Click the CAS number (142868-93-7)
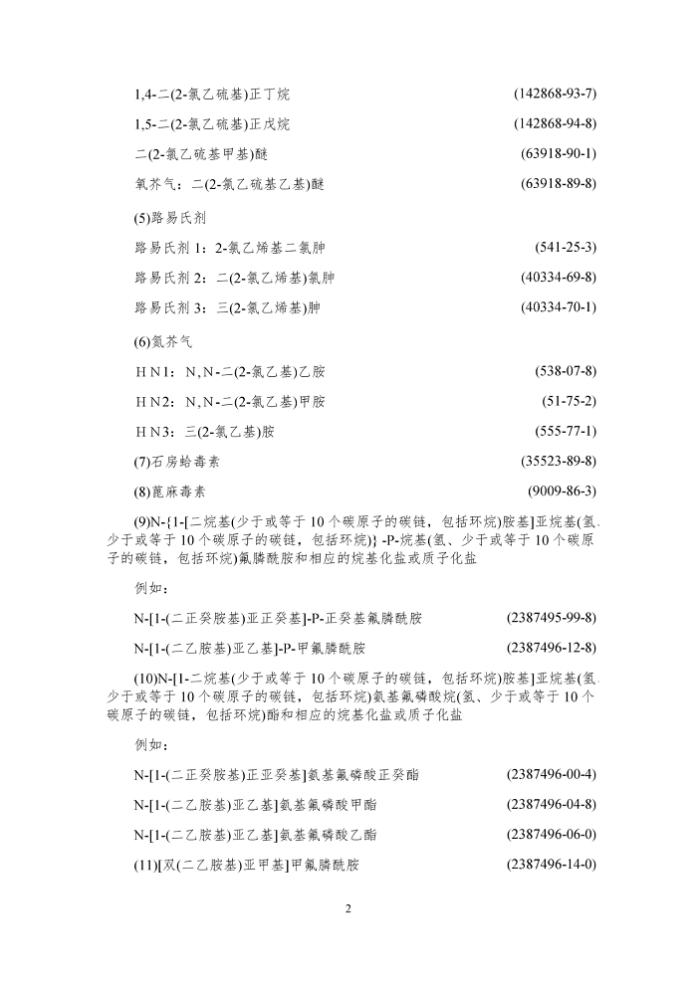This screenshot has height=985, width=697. coord(555,95)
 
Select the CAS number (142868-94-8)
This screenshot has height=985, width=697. coord(555,124)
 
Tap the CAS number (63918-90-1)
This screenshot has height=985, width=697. coord(558,154)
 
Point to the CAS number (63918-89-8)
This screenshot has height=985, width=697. coord(558,184)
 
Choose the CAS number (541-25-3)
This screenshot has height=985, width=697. coord(566,247)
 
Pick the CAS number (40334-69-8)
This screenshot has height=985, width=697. coord(558,277)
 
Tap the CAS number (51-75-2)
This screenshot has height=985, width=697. coord(569,401)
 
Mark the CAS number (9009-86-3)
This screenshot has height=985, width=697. coord(562,492)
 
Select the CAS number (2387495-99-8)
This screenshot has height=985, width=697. coord(551,618)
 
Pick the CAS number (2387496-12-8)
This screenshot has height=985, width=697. coord(551,648)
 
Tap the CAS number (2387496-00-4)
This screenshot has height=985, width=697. coord(551,774)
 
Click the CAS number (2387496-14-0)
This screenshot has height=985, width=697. coord(551,865)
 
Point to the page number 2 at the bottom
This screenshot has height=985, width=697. coord(348,908)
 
